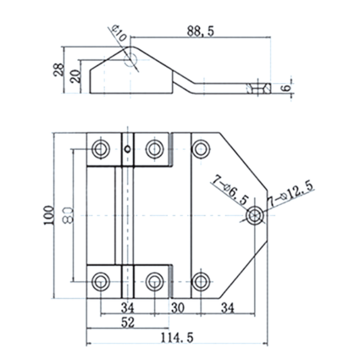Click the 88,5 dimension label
coord(201,31)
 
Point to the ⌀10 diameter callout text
coord(119,33)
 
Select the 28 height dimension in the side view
coord(58,69)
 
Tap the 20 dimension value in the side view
coord(75,76)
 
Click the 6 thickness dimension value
coord(286,88)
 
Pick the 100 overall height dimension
coord(49,215)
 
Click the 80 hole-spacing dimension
coord(68,215)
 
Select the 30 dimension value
coord(178,307)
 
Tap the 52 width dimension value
coord(128,323)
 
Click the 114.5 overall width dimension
coord(177,338)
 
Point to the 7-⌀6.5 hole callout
coord(230,191)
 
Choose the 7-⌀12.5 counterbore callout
coord(291,194)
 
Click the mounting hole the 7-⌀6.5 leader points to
coord(255,216)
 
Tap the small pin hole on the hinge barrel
coord(128,148)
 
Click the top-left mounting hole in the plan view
coord(101,148)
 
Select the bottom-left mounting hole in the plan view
coord(101,281)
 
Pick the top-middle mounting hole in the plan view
coord(154,148)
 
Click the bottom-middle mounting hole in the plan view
coord(154,281)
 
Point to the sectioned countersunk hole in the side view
coord(258,88)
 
